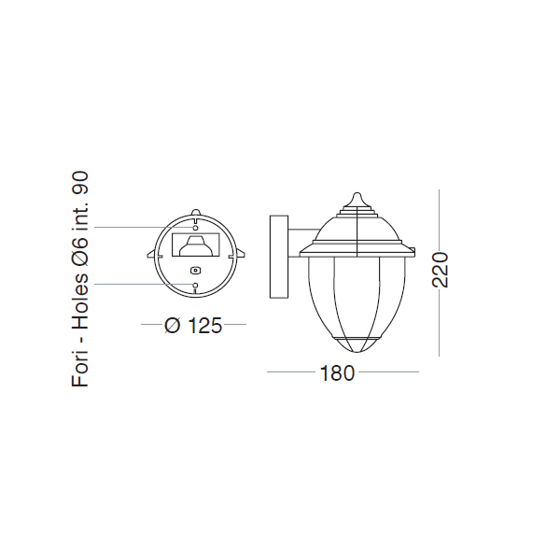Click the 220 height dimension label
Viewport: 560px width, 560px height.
tap(440, 270)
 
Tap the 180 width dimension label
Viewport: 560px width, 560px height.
tap(337, 372)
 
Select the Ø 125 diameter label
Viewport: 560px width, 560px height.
tap(193, 326)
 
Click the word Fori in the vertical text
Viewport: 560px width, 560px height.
tap(80, 370)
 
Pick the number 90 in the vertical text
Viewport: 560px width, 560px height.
tap(80, 184)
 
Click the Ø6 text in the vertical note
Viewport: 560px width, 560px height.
tap(80, 253)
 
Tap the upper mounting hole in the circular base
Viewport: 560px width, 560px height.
tap(195, 228)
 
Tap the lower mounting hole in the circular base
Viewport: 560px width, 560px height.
tap(195, 285)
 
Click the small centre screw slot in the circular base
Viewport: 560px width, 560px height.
tap(195, 271)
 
